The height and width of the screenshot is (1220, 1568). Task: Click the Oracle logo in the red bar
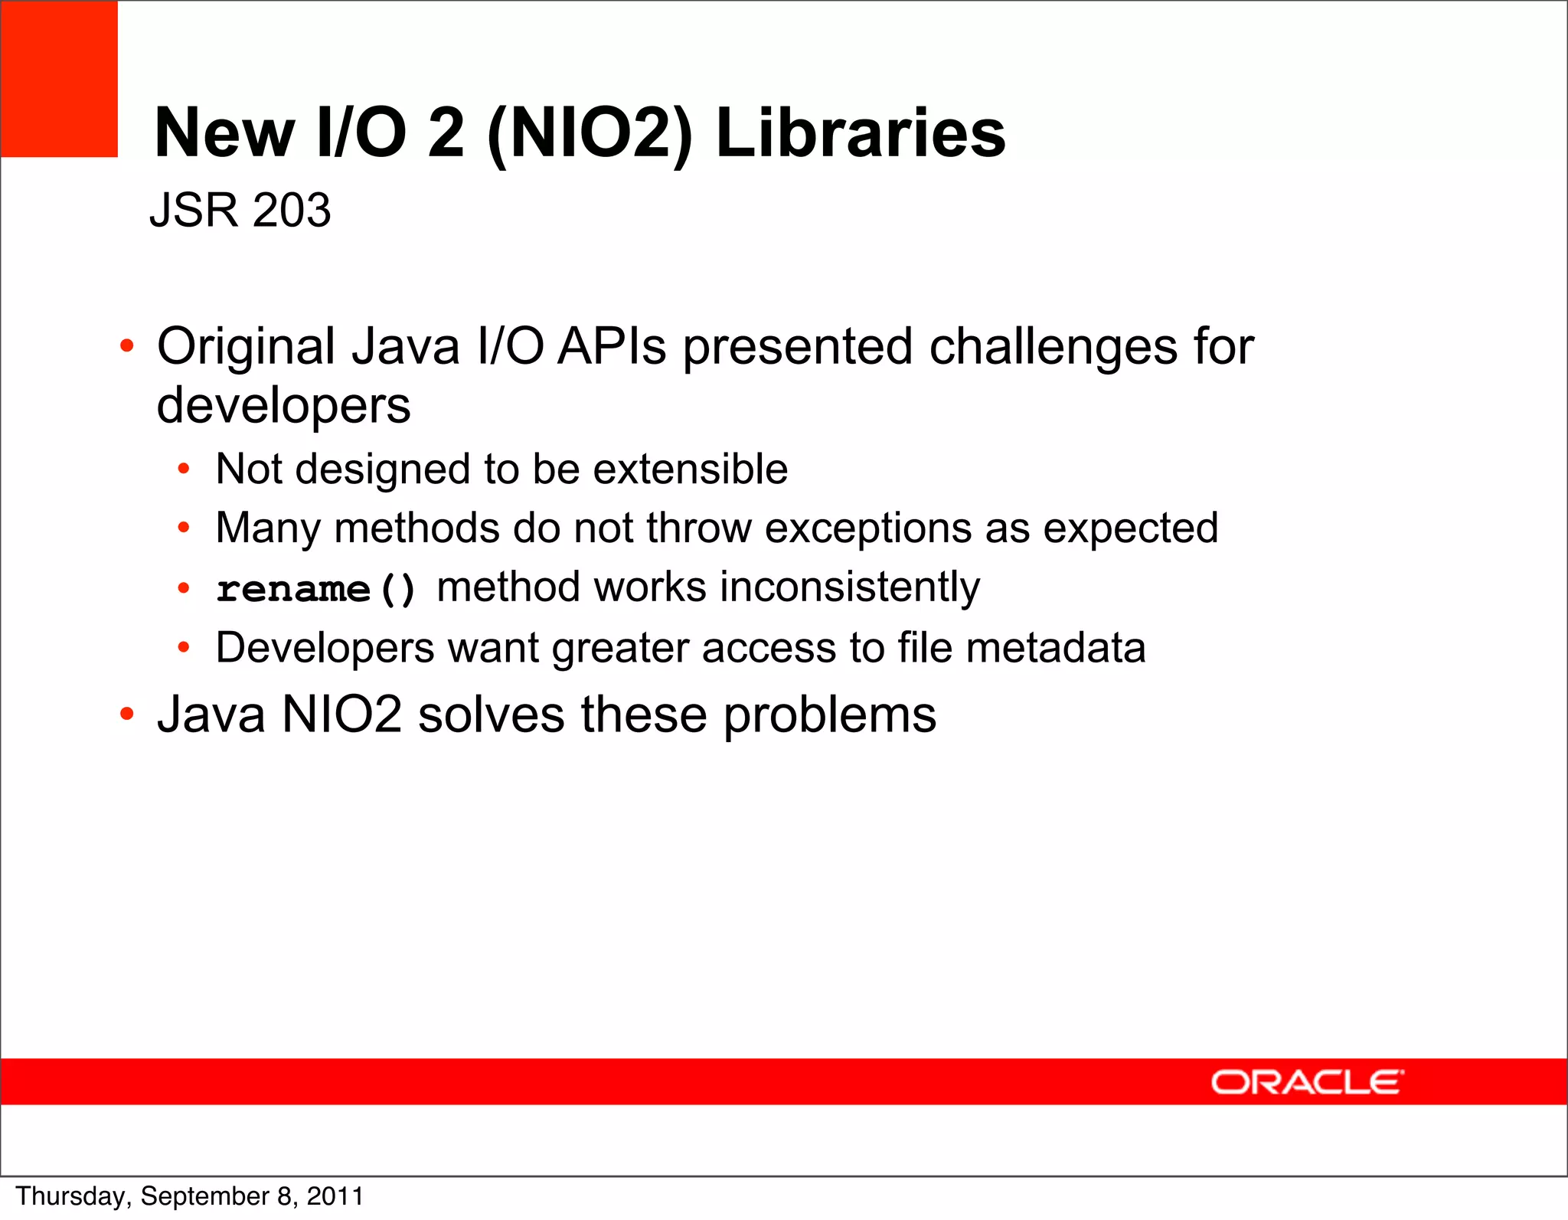pos(1306,1083)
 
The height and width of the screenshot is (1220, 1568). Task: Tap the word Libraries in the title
pos(860,133)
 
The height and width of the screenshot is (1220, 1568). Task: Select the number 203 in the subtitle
pos(291,210)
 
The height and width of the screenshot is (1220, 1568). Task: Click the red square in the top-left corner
pos(59,79)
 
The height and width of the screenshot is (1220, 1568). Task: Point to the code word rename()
pos(315,589)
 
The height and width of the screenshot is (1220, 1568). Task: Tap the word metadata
pos(1056,648)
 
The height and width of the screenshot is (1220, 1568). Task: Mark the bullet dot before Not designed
pos(184,469)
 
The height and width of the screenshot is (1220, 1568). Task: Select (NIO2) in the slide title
pos(590,133)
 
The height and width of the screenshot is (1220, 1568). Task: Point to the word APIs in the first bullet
pos(612,348)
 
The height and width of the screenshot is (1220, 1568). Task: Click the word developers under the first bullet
pos(283,406)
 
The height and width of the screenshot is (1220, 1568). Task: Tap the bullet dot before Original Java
pos(127,346)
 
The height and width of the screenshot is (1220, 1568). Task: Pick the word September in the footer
pos(205,1196)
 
